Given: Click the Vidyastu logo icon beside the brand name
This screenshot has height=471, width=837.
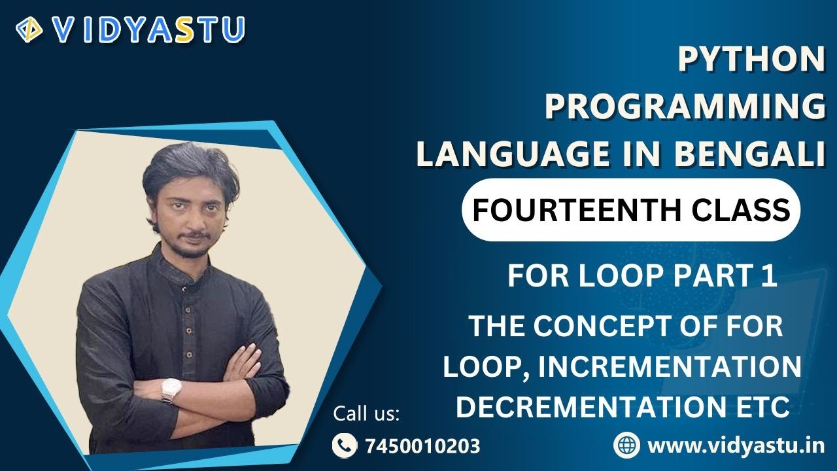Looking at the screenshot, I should click(29, 29).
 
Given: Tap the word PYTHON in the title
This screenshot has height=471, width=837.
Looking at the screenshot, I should click(751, 60).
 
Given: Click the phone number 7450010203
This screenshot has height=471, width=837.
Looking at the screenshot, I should click(422, 446).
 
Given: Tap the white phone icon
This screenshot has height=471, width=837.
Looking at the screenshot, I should click(344, 446).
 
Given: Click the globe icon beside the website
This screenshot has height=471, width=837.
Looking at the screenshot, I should click(626, 445).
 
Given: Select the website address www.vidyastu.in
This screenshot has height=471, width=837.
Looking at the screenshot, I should click(736, 445).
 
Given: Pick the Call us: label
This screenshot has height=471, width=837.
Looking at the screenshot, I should click(366, 414).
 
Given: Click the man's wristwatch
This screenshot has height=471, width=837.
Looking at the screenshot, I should click(171, 391).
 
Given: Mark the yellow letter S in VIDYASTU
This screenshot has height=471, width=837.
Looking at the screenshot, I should click(188, 29).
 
